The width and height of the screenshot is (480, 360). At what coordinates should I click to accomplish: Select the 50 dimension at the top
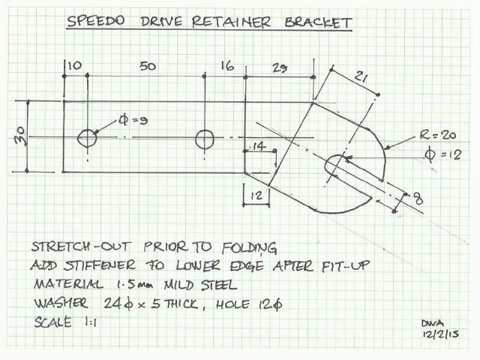pos(148,67)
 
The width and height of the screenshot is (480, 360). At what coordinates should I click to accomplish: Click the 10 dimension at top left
pos(75,67)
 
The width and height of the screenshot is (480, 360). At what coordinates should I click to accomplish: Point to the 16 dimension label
pos(227,67)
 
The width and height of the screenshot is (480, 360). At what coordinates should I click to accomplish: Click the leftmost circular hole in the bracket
pos(88,138)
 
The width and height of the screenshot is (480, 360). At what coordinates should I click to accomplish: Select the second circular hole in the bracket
pos(205,139)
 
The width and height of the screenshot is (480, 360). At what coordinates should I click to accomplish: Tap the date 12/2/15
pos(438,333)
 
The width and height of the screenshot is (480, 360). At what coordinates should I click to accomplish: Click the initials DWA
pos(431,321)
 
